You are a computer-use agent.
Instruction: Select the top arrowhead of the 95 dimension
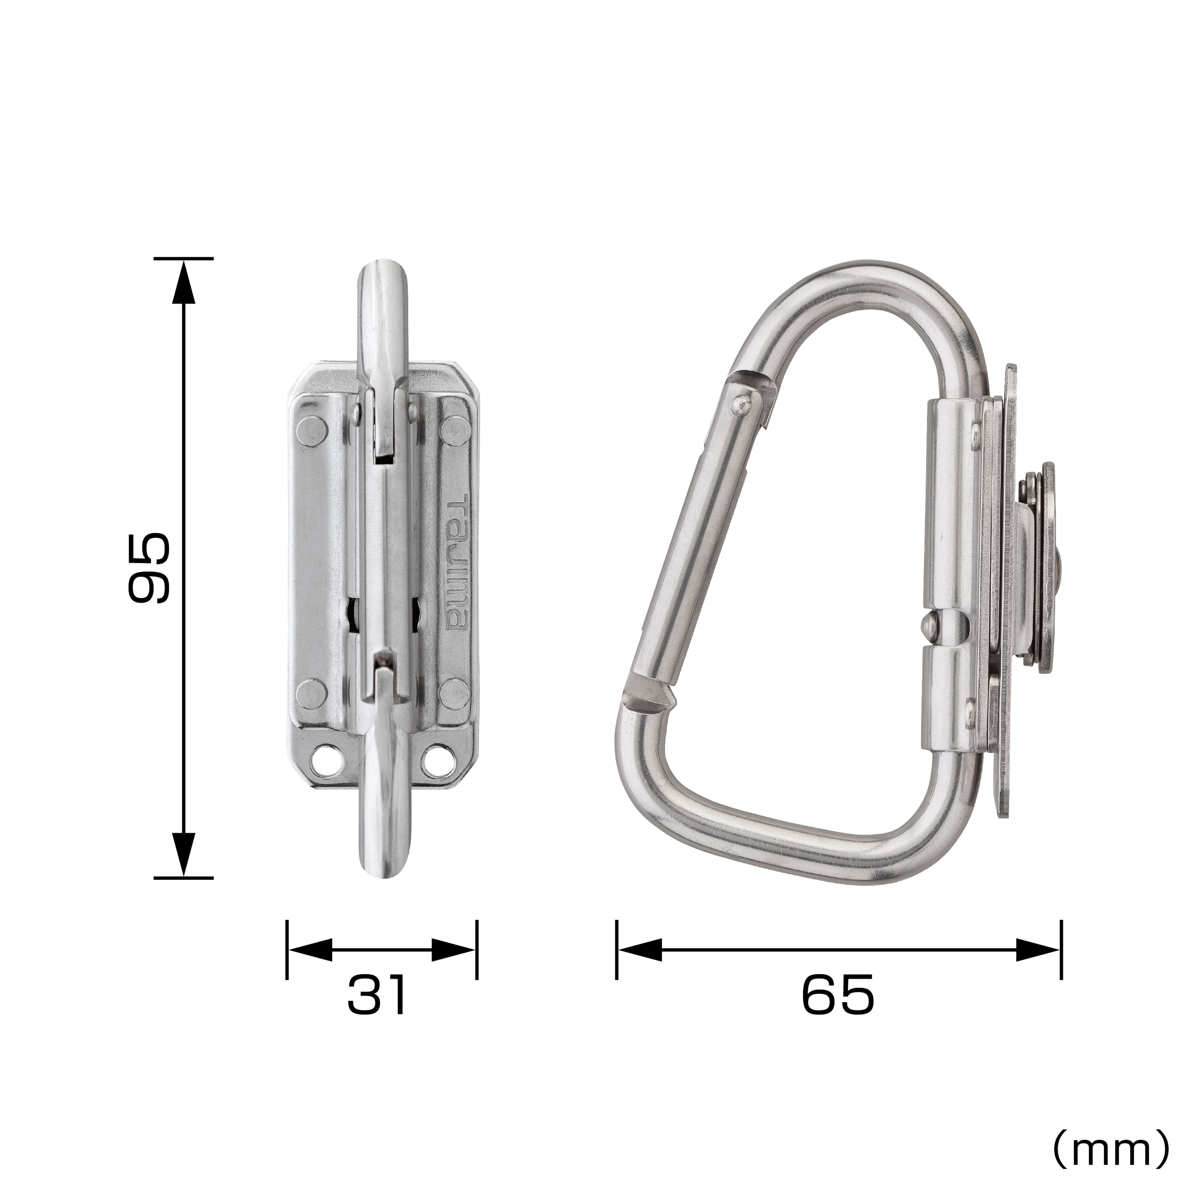click(183, 281)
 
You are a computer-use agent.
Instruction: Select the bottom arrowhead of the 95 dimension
click(183, 855)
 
